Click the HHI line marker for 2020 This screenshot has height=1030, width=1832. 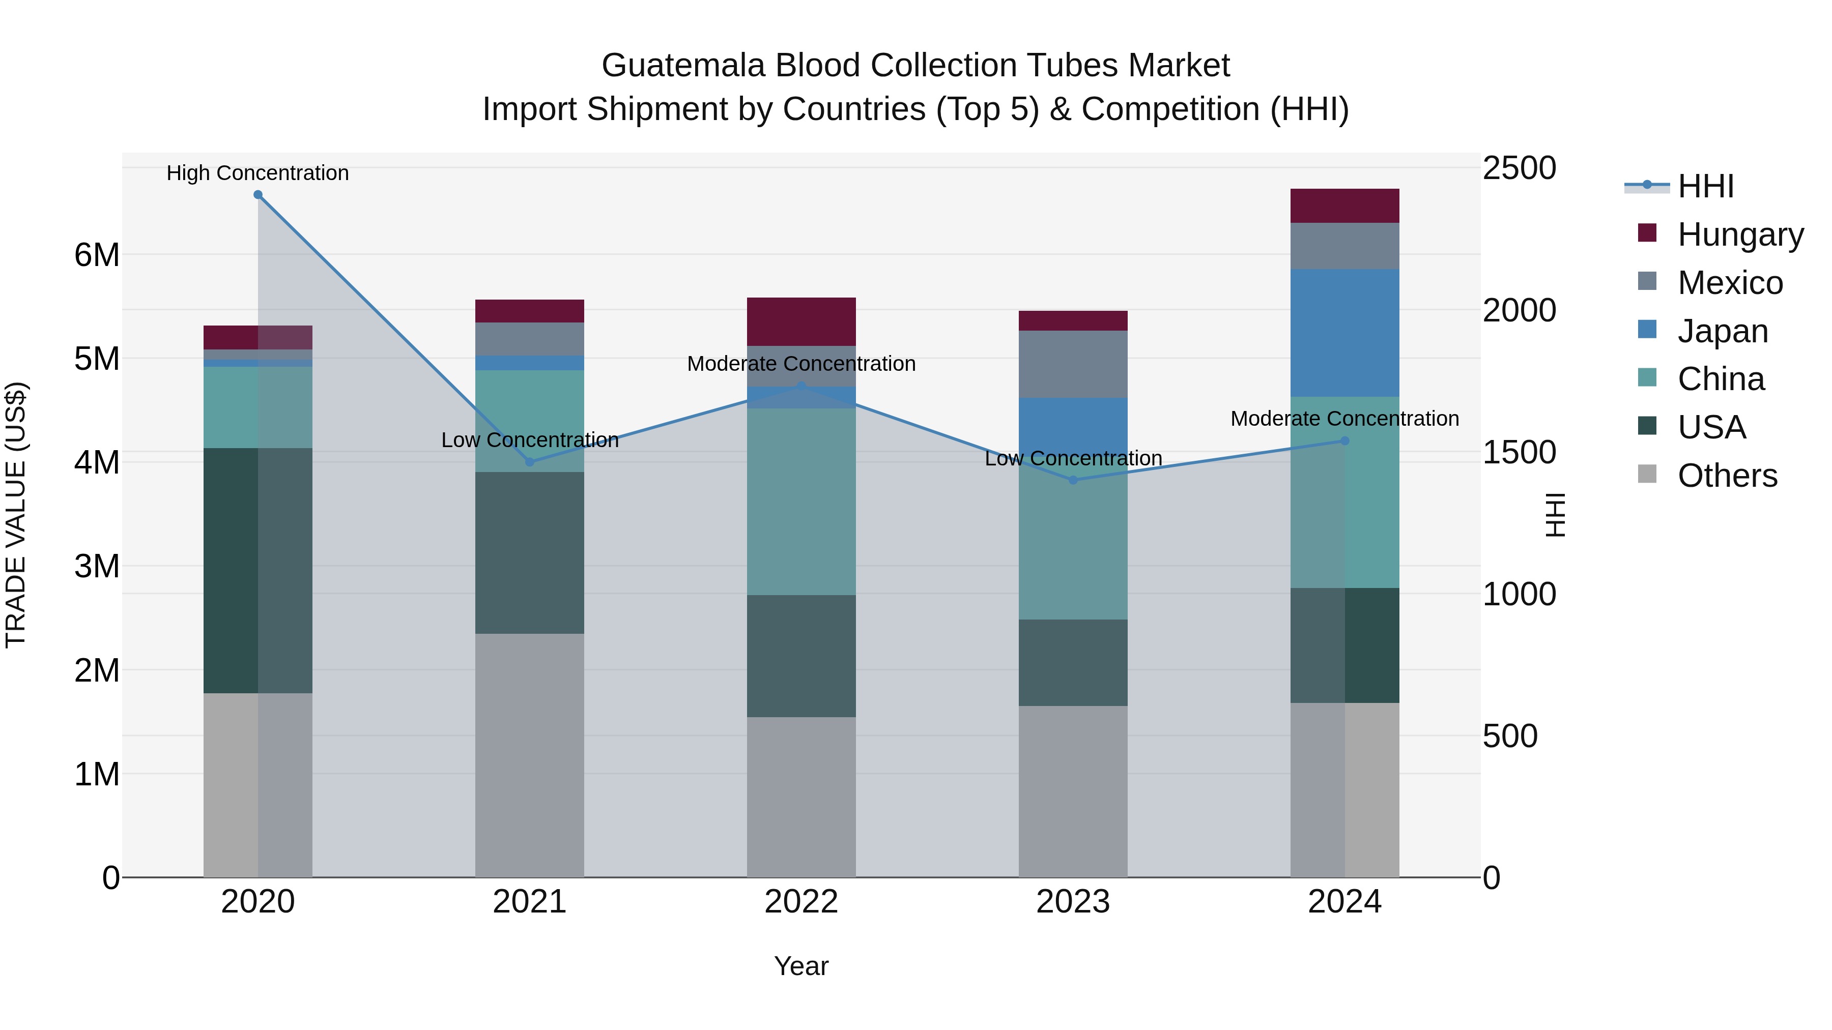click(258, 195)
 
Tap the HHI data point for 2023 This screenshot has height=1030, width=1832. click(1073, 480)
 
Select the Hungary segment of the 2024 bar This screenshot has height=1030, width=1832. click(1344, 205)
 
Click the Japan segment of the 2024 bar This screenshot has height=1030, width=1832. click(1344, 332)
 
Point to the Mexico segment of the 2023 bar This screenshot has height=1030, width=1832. click(1073, 364)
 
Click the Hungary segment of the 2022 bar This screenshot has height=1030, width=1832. click(801, 321)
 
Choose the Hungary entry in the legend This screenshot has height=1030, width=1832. click(1739, 234)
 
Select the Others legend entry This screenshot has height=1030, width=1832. click(1726, 476)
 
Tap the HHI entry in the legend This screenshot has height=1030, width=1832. click(1705, 186)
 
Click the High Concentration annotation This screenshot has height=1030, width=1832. click(257, 173)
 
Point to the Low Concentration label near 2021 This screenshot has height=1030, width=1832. click(530, 440)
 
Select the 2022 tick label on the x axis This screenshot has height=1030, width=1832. click(801, 902)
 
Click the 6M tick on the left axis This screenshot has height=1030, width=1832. click(97, 254)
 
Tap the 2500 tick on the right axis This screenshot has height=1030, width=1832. click(1519, 168)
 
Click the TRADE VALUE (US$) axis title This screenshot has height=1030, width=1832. click(16, 515)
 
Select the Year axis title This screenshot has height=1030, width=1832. click(801, 966)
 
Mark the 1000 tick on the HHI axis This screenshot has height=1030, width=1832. click(1519, 594)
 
